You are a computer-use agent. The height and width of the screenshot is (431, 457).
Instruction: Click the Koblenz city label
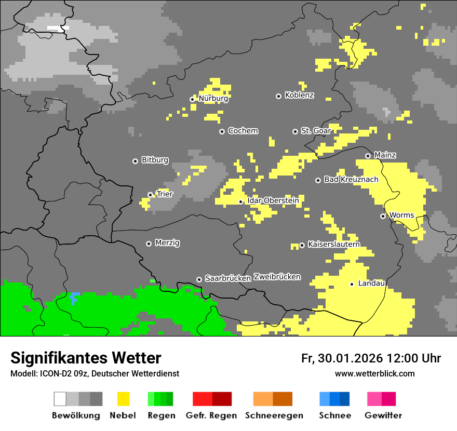[299, 95]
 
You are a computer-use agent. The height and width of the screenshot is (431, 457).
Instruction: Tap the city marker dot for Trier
[150, 195]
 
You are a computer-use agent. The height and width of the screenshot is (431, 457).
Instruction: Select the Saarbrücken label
[228, 278]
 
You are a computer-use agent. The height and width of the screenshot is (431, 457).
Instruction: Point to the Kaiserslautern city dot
[302, 245]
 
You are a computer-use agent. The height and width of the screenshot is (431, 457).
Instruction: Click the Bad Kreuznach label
[351, 179]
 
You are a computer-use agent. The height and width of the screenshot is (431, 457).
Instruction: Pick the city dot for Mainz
[368, 156]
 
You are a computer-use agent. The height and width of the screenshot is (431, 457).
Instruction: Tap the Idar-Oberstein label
[273, 200]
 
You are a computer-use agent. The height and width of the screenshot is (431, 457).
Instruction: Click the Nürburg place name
[213, 98]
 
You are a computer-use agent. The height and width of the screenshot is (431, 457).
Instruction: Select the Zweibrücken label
[277, 277]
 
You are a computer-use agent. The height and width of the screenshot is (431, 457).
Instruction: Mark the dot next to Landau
[352, 284]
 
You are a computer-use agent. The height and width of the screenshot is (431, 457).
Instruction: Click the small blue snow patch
[74, 298]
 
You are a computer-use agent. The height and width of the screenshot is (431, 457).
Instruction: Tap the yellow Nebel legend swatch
[123, 399]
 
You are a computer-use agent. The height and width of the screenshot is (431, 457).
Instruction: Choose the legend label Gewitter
[383, 415]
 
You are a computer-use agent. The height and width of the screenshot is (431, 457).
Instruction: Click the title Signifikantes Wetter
[86, 358]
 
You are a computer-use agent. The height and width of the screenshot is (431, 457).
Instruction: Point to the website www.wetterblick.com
[374, 373]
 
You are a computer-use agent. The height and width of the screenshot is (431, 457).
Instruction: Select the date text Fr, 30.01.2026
[342, 358]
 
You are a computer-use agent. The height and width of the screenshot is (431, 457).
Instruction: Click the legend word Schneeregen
[274, 415]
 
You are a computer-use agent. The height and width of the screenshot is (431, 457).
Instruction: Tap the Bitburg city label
[155, 160]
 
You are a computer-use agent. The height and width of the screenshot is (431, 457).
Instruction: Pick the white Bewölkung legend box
[60, 399]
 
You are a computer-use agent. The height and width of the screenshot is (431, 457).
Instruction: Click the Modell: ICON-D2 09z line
[95, 373]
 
